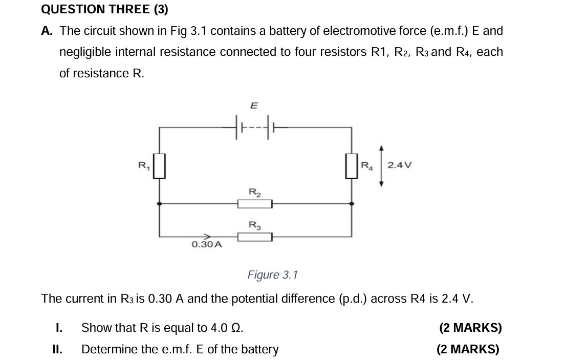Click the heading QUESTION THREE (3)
point(104,9)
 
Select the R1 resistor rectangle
point(160,166)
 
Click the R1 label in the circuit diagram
point(144,165)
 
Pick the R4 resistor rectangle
point(351,166)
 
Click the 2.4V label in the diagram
point(399,165)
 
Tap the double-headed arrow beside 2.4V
point(381,166)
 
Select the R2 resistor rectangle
point(254,204)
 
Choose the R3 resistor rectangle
point(254,237)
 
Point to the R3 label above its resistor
point(254,225)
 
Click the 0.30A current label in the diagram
point(207,245)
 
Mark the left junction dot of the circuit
point(160,204)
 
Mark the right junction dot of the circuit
point(351,204)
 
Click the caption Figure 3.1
point(272,275)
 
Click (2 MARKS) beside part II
point(467,350)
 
